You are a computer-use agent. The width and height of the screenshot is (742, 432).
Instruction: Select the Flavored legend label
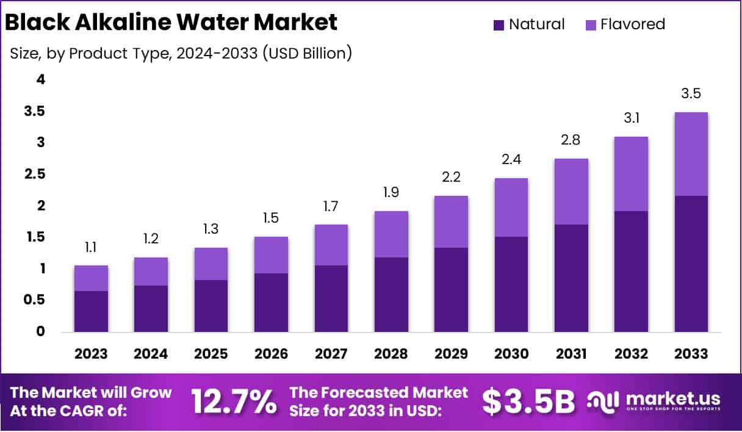pyautogui.click(x=632, y=24)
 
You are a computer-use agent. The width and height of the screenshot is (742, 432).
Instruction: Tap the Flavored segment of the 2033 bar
pyautogui.click(x=691, y=154)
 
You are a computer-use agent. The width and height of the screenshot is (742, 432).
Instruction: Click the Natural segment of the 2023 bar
pyautogui.click(x=91, y=311)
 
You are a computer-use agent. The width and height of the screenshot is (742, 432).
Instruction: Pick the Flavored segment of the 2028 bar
pyautogui.click(x=391, y=234)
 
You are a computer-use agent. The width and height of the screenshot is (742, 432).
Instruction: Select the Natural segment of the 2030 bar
pyautogui.click(x=511, y=284)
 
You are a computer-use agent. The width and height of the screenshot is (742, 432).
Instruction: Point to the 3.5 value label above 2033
pyautogui.click(x=691, y=94)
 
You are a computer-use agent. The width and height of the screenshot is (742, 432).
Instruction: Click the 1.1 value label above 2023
pyautogui.click(x=91, y=247)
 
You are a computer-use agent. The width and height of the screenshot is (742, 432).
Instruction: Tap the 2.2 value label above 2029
pyautogui.click(x=451, y=177)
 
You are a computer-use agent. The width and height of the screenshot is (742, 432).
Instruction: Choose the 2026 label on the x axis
pyautogui.click(x=271, y=354)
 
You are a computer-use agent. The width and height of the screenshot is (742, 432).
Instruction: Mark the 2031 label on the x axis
pyautogui.click(x=571, y=354)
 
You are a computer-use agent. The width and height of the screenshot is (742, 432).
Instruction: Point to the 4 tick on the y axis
pyautogui.click(x=40, y=79)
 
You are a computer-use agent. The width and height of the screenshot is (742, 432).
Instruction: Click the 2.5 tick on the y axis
pyautogui.click(x=35, y=174)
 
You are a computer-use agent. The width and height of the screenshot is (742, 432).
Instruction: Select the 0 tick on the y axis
pyautogui.click(x=40, y=331)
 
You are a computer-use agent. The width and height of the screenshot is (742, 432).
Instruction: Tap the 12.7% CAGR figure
pyautogui.click(x=234, y=401)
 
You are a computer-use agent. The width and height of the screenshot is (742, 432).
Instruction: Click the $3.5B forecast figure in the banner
pyautogui.click(x=528, y=401)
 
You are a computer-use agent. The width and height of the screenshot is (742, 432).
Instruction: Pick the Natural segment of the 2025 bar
pyautogui.click(x=211, y=306)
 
